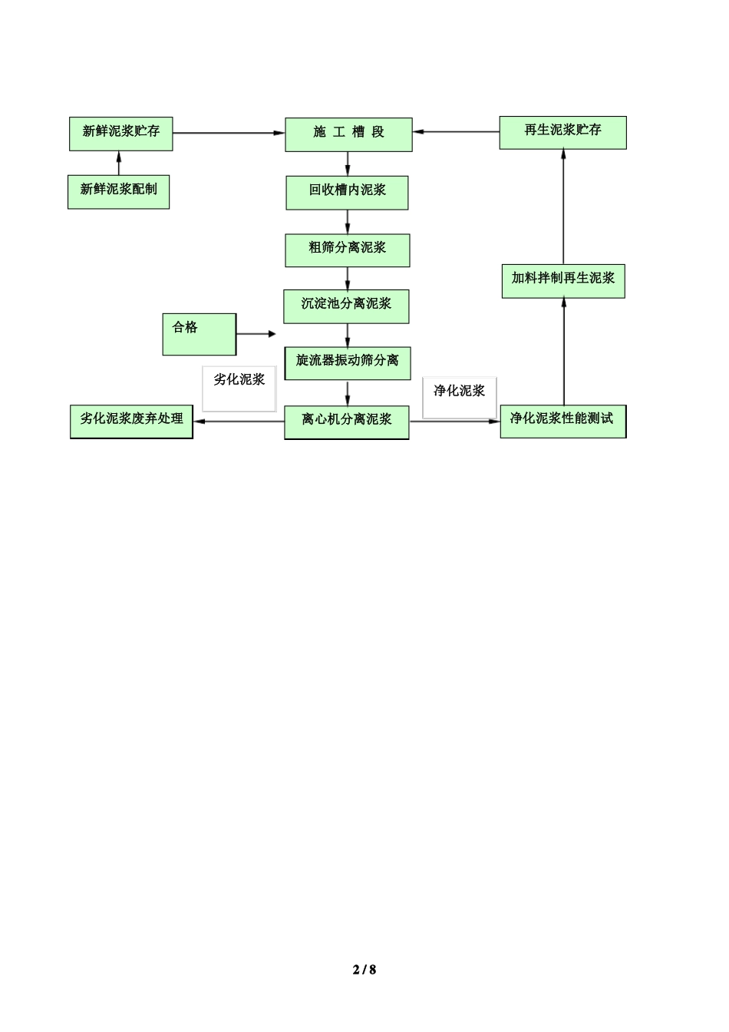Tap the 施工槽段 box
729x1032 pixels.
pos(348,134)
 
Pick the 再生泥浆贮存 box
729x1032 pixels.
pos(562,132)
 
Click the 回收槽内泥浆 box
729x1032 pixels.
pos(347,192)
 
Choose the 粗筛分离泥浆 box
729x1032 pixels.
pos(347,250)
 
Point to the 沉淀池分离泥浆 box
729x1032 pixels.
pos(346,306)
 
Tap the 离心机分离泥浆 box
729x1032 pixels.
pos(346,421)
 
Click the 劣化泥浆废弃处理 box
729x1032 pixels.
pos(131,421)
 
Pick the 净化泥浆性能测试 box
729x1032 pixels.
pos(562,420)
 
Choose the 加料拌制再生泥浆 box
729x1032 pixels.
pos(562,280)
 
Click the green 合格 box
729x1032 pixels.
pos(199,334)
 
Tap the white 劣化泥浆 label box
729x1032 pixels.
pos(239,388)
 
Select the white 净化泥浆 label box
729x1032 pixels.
pos(459,397)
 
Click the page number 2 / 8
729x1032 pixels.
pos(364,969)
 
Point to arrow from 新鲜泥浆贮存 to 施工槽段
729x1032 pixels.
pos(228,133)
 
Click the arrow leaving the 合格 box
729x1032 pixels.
pos(256,334)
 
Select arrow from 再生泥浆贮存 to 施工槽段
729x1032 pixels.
pos(456,132)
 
